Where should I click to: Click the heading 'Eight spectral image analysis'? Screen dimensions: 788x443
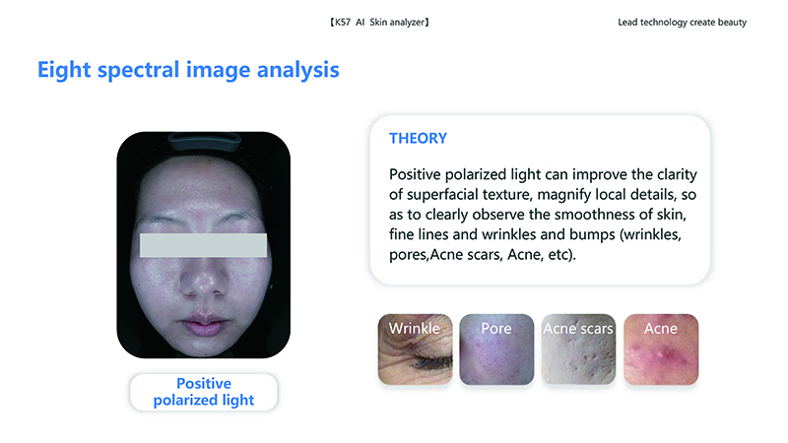coord(188,70)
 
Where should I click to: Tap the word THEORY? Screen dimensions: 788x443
coord(418,138)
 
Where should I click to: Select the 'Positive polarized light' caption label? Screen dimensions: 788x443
coord(204,392)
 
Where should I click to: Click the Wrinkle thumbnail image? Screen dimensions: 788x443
coord(415,349)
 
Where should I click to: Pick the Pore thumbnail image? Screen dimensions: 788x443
coord(496,349)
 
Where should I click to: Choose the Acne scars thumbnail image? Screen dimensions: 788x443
coord(578,349)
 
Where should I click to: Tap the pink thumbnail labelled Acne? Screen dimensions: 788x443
coord(661,349)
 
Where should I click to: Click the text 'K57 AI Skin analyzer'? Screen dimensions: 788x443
coord(379,22)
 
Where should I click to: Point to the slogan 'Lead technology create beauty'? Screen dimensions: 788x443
coord(682,22)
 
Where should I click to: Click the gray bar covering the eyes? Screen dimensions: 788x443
coord(203,245)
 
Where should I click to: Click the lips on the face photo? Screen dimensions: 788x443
coord(203,322)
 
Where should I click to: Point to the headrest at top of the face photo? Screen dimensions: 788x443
coord(204,141)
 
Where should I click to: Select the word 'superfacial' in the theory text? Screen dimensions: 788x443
coord(442,195)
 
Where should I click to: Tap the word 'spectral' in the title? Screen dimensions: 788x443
coord(138,71)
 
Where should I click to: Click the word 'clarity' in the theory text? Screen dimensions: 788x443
coord(677,175)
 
